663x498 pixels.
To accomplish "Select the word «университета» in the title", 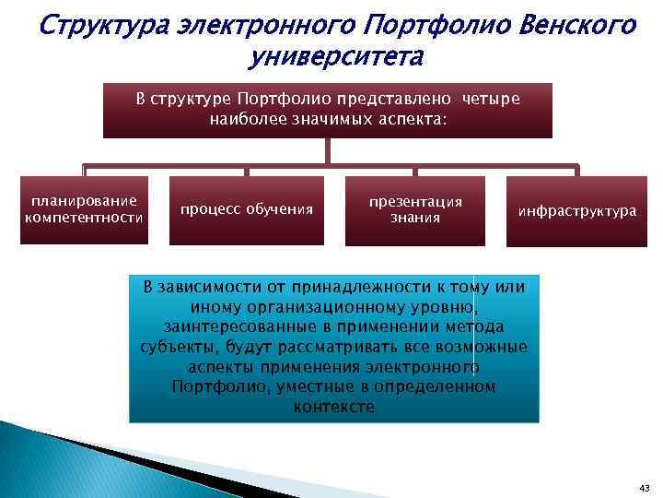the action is tap(336, 57).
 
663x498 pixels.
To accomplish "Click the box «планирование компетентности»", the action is tap(84, 209).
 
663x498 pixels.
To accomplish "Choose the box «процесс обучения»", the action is tap(247, 209).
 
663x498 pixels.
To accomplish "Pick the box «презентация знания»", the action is tap(415, 209).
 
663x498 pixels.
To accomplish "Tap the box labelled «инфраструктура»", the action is tap(576, 211).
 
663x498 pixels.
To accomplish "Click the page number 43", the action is tap(643, 486).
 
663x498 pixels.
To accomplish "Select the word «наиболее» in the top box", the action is tap(240, 120).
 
